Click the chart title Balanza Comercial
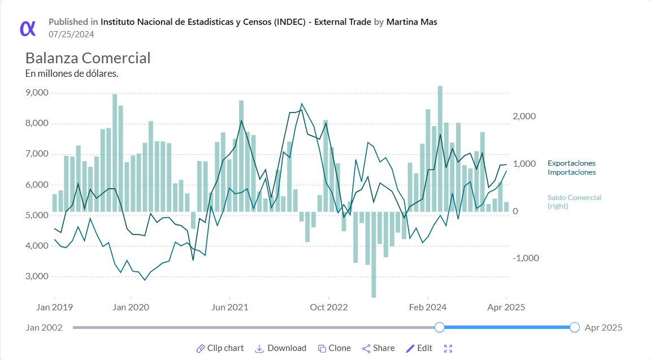pyautogui.click(x=88, y=58)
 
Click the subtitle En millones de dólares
pyautogui.click(x=72, y=73)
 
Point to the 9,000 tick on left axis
pyautogui.click(x=37, y=93)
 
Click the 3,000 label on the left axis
pyautogui.click(x=37, y=276)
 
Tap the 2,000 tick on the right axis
pyautogui.click(x=523, y=116)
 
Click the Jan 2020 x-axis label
pyautogui.click(x=131, y=307)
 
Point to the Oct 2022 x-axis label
pyautogui.click(x=328, y=307)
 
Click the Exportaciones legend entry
pyautogui.click(x=571, y=163)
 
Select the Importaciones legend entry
pyautogui.click(x=571, y=172)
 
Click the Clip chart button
pyautogui.click(x=220, y=348)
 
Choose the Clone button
pyautogui.click(x=334, y=348)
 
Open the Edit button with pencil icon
pyautogui.click(x=419, y=348)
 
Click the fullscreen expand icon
pyautogui.click(x=449, y=348)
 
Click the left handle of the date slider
pyautogui.click(x=440, y=327)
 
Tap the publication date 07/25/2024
pyautogui.click(x=71, y=34)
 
